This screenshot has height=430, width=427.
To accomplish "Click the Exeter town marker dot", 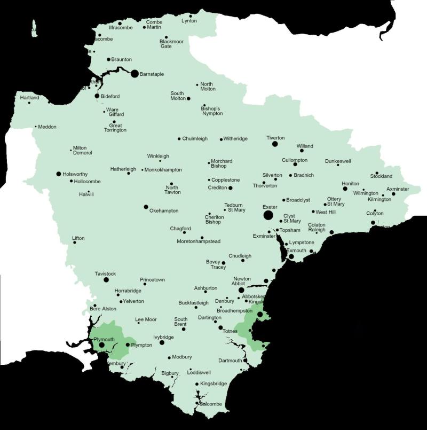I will coord(268,215).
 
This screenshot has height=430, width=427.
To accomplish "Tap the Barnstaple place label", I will coord(152,74).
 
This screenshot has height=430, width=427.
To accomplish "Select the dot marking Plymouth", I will coord(101,345).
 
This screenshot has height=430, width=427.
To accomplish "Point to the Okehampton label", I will coord(164,210).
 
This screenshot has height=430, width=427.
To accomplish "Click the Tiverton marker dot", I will coord(275,144).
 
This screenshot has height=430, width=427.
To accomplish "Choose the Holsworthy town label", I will coord(75,174).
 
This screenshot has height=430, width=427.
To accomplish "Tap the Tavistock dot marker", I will coord(106,279).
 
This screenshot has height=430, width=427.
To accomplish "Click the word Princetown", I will coord(153,279).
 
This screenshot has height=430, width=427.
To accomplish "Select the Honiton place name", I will coord(351,183).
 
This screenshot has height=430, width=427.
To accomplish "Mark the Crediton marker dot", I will coord(231,188).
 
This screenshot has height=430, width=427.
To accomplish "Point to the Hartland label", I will coord(30,98).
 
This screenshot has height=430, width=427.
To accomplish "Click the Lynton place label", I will coord(189,21).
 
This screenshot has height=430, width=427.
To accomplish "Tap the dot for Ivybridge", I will coord(162,342).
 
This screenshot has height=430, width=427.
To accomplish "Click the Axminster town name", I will coord(398,189).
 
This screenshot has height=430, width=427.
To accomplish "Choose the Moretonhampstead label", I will coord(199,241).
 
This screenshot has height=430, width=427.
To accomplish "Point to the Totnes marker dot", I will coord(220,327).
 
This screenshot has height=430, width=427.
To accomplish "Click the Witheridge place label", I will coord(235,139).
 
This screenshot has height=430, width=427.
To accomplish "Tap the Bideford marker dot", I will coord(97,96).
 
